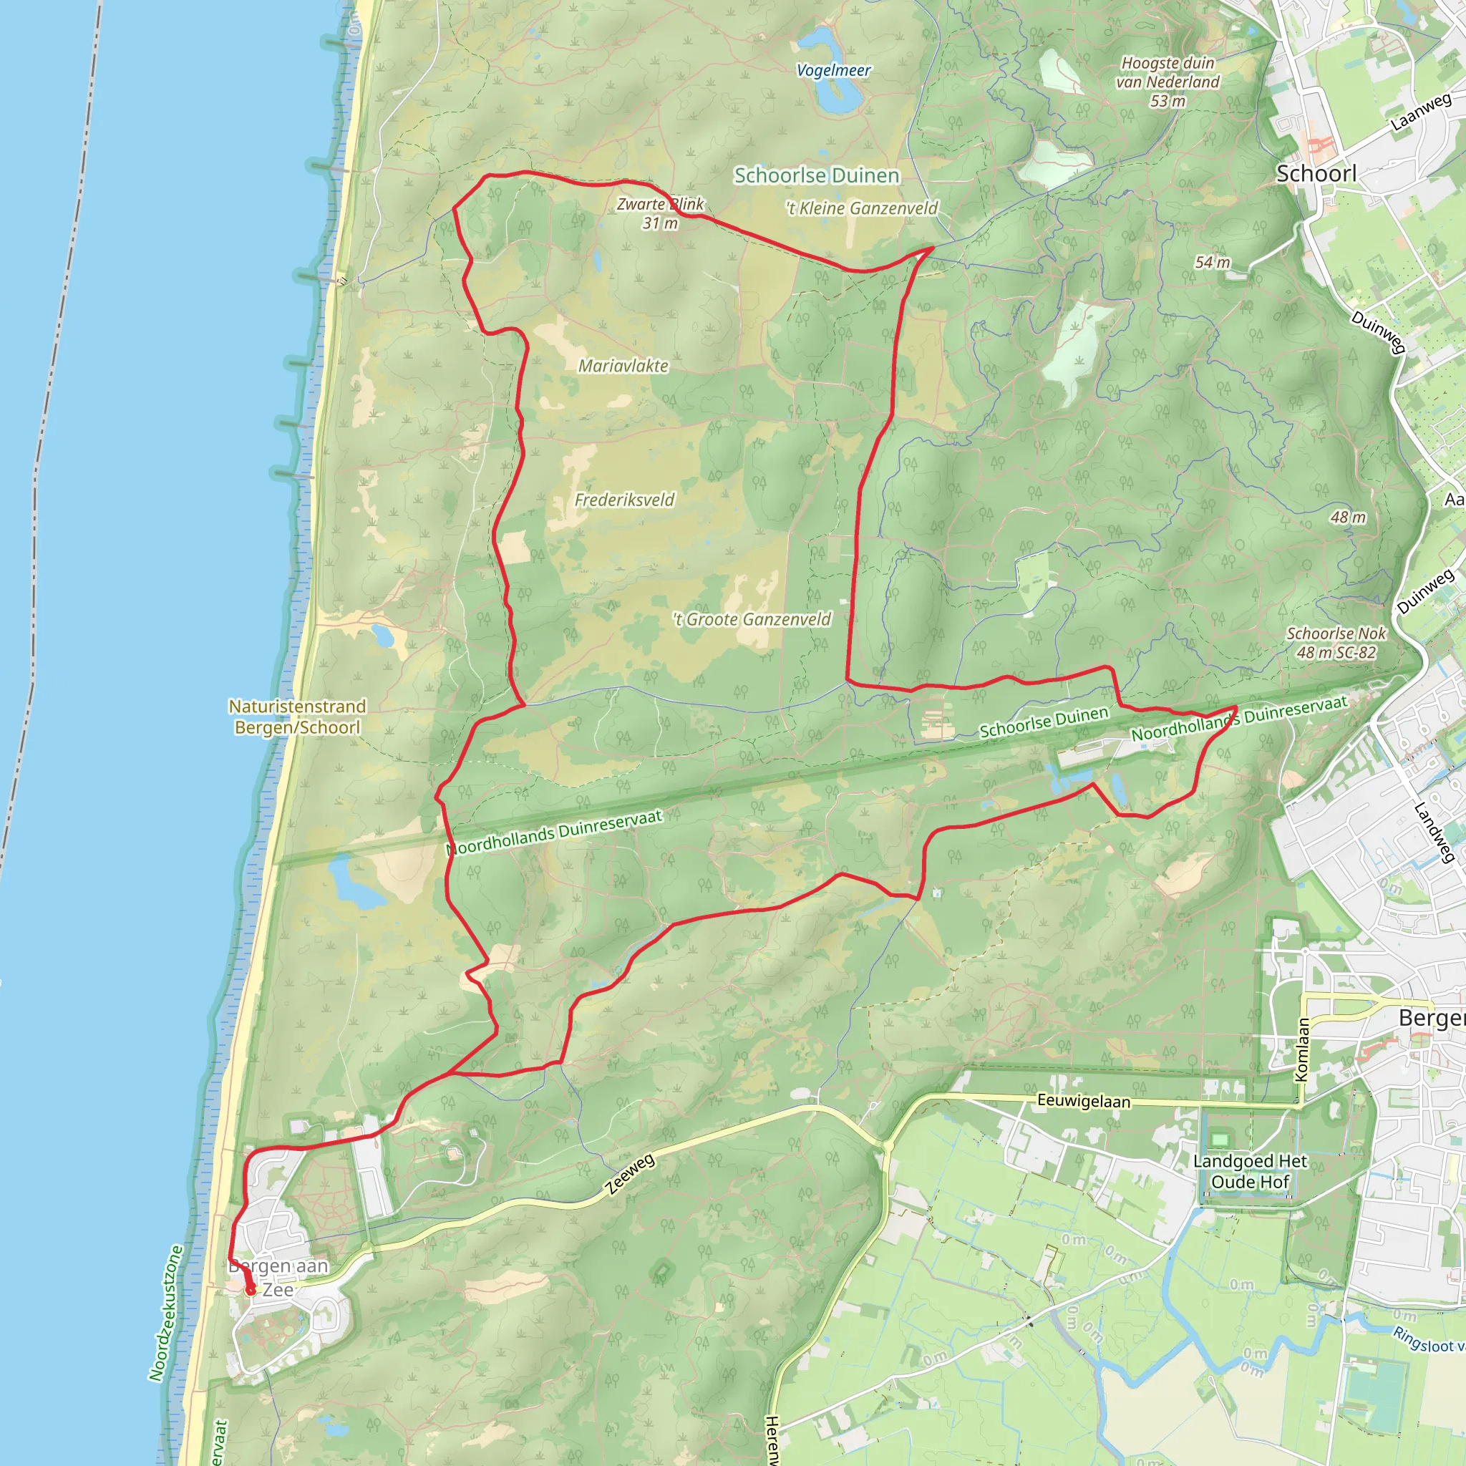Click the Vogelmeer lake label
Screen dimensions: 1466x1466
833,71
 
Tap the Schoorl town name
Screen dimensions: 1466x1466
1316,174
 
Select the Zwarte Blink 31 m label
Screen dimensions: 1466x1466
660,213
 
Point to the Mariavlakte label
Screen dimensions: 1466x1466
623,366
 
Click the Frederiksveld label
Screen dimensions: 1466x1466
623,500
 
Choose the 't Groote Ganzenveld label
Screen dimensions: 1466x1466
752,619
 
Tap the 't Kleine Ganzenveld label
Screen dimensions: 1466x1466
861,208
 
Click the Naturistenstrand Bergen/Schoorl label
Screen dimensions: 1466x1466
298,717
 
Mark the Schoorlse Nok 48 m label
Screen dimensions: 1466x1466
1336,643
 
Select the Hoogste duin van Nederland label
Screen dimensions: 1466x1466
1167,81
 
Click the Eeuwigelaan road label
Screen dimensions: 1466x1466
1083,1101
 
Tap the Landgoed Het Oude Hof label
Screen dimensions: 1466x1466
1250,1172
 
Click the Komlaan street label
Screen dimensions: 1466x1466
1301,1049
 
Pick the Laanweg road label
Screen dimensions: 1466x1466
1420,112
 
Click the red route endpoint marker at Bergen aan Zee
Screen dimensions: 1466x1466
251,1290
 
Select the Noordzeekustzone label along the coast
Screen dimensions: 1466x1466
165,1312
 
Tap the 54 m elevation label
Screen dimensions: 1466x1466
1212,263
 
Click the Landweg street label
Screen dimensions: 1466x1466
1433,832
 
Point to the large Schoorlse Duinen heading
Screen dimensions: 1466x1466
817,175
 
